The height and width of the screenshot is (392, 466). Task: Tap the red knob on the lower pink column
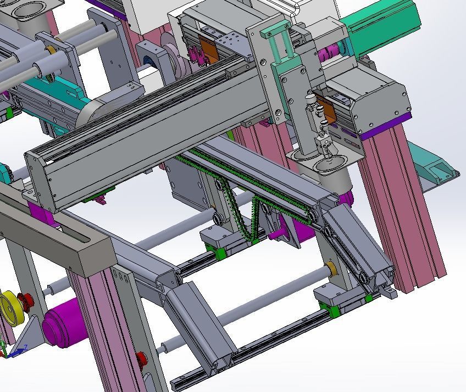[142, 359]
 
